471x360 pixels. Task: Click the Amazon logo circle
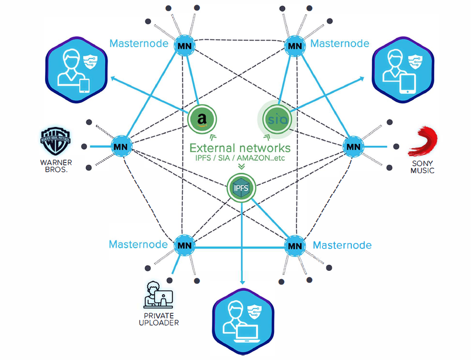coord(202,119)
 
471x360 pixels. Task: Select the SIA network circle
coord(275,120)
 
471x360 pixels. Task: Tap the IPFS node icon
coord(242,188)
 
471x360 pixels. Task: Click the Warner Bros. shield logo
coord(56,142)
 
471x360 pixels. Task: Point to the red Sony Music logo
coord(422,141)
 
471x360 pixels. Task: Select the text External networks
coord(240,148)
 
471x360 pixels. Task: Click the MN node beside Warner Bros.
coord(119,147)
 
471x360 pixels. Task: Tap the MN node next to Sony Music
coord(353,147)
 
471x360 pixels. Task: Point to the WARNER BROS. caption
coord(56,167)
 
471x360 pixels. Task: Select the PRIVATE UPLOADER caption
coord(159,319)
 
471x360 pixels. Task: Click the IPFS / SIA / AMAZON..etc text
coord(240,158)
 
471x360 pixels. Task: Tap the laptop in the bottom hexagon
coord(247,333)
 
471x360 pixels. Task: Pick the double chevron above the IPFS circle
coord(241,167)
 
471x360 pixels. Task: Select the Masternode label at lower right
coord(342,245)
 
